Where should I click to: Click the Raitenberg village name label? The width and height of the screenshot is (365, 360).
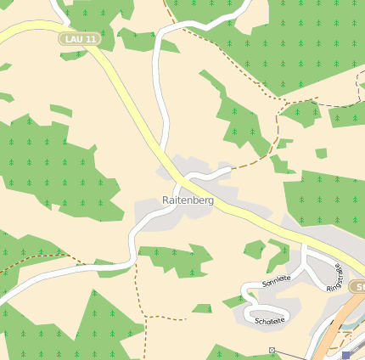point(188,200)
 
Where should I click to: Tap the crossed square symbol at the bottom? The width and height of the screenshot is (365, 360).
point(272,350)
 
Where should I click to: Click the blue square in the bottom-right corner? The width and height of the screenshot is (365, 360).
point(346,356)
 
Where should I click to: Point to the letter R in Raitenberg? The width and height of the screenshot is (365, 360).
point(165,200)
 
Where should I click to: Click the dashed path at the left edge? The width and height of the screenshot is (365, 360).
point(17,267)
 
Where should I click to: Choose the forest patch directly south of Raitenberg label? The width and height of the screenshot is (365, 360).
point(174,257)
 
